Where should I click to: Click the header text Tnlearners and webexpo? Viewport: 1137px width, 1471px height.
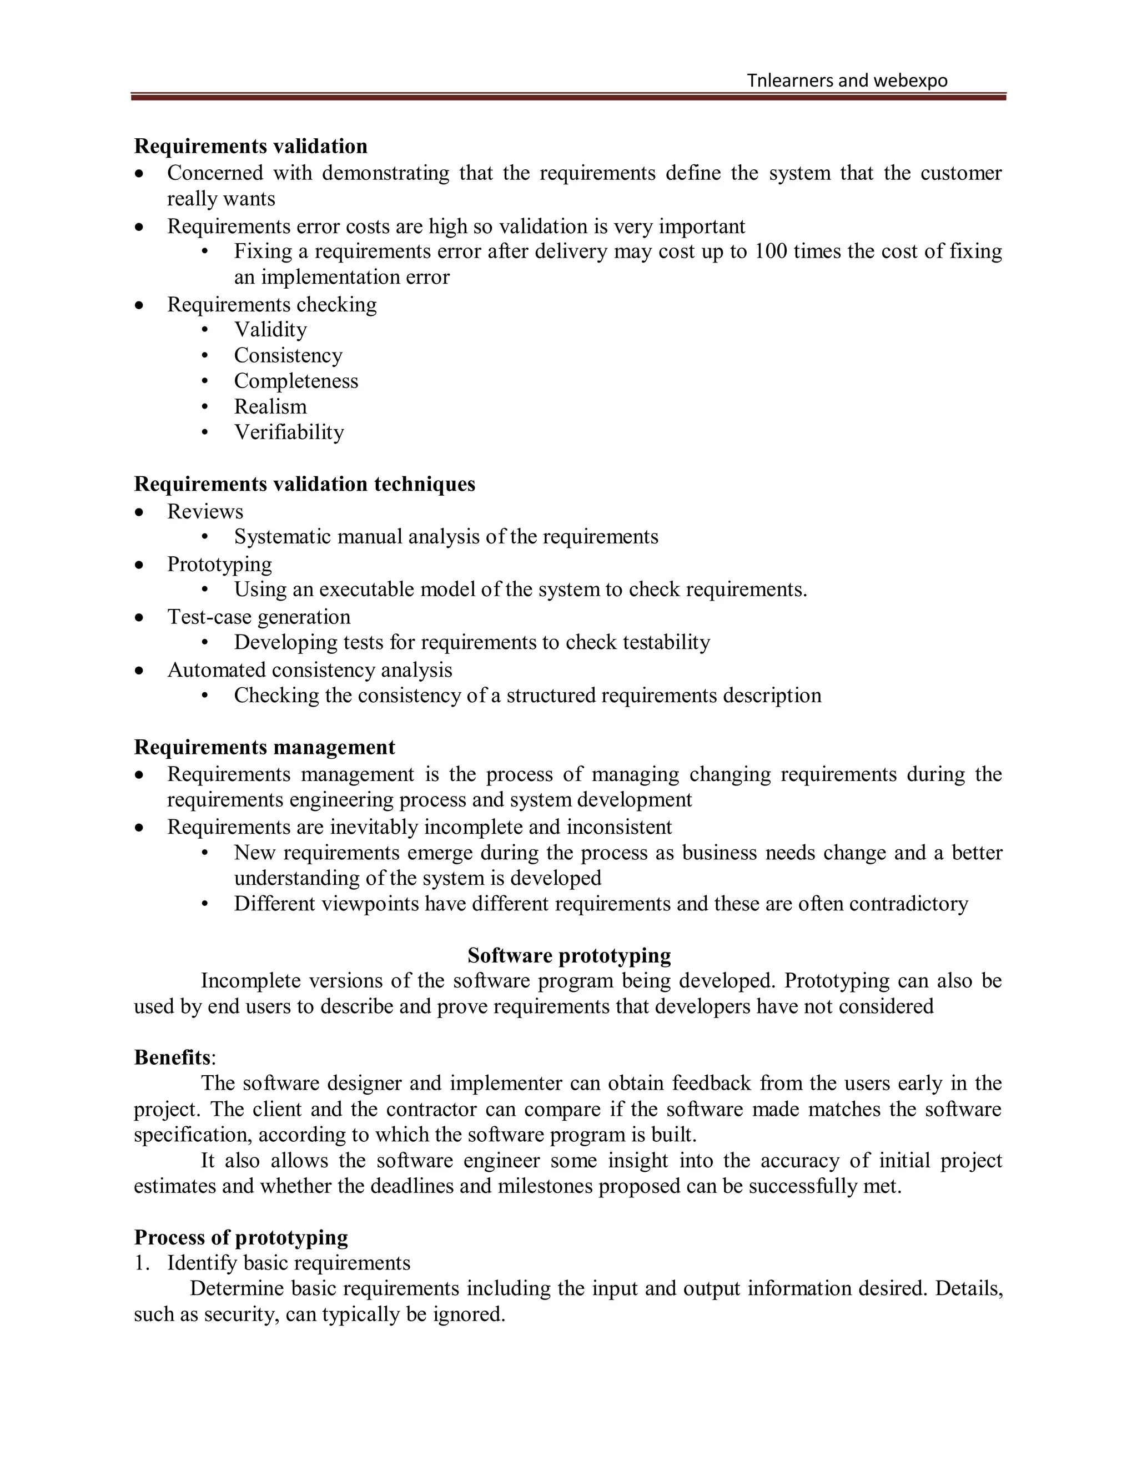(847, 81)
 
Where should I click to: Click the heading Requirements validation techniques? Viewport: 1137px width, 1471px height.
(304, 483)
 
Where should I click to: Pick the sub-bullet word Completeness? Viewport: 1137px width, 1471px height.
(296, 381)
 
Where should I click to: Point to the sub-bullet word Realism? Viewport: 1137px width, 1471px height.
(270, 406)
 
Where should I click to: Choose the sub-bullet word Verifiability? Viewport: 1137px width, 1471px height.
(289, 432)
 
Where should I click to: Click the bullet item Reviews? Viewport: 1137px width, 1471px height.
(205, 511)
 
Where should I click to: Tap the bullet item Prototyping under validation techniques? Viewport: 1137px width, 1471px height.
(220, 564)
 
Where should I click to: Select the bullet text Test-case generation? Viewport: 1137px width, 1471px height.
(259, 616)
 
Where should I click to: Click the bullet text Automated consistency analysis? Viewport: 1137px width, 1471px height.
(309, 669)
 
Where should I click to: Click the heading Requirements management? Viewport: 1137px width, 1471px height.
(264, 747)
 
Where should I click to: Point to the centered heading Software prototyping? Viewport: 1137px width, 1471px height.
(568, 955)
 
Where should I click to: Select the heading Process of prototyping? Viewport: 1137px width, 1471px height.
(240, 1237)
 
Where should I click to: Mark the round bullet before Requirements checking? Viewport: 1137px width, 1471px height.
(139, 305)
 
